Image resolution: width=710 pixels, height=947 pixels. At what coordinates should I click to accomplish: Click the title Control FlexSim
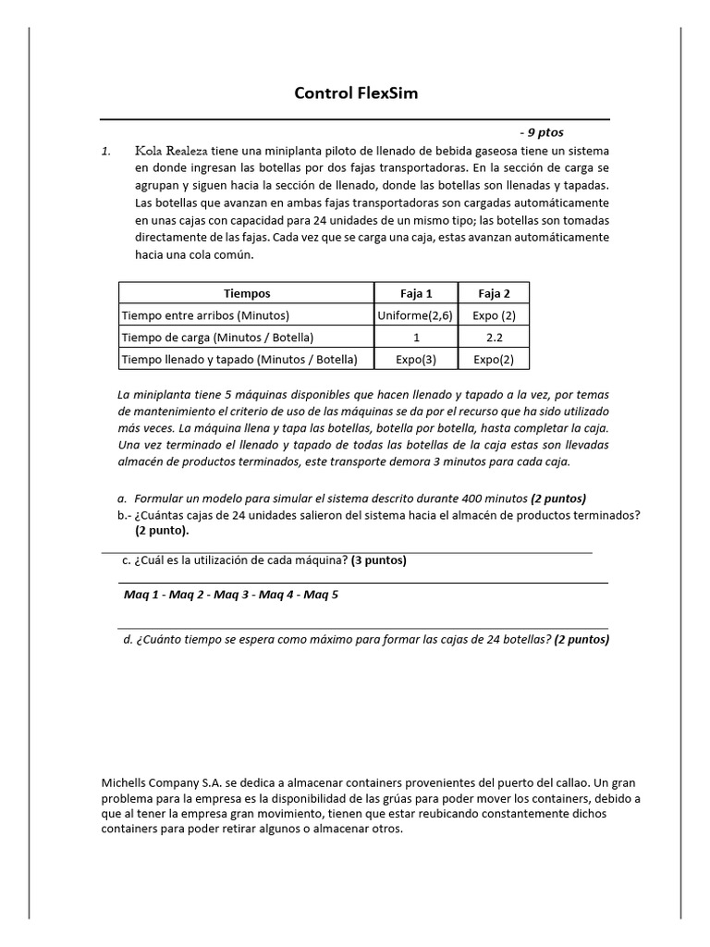pos(355,92)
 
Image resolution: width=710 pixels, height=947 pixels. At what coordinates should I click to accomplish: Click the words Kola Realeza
pos(171,150)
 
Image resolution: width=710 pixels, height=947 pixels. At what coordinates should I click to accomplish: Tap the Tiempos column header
pos(247,293)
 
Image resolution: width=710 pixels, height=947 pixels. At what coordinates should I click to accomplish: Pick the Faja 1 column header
pos(416,293)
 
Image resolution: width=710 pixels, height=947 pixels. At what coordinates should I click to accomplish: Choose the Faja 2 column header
pos(494,293)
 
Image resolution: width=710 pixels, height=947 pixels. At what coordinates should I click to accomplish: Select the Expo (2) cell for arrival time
pos(494,315)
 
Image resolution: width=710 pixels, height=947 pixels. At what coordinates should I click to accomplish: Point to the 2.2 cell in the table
pos(494,337)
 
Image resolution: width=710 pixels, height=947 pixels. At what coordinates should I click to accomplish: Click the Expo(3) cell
pos(416,359)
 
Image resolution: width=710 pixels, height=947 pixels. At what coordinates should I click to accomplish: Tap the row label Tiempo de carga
pos(217,337)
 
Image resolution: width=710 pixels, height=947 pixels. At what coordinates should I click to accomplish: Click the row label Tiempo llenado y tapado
pos(239,359)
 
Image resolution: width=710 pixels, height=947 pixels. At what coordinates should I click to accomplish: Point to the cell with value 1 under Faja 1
pos(416,337)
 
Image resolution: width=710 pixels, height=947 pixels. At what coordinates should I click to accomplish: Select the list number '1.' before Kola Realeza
pos(107,151)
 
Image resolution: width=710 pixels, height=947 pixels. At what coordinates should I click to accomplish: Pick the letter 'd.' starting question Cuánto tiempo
pos(127,639)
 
